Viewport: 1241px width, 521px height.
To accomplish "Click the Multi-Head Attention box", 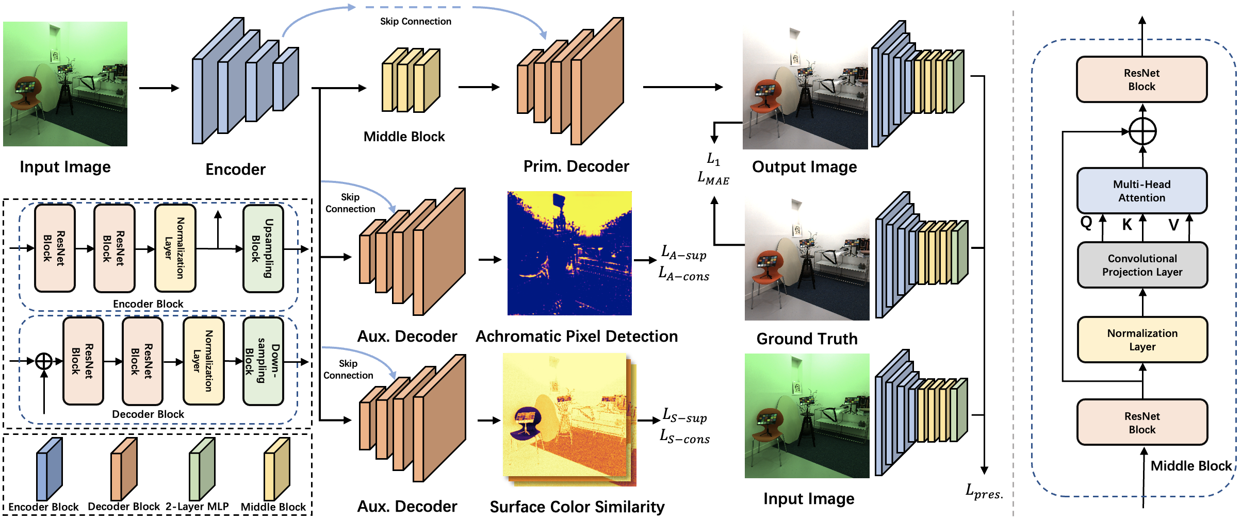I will pos(1141,191).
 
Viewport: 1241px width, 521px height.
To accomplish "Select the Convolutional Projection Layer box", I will pos(1142,265).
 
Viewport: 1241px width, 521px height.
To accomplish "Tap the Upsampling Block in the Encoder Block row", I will pos(263,248).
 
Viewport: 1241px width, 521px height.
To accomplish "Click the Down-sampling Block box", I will pos(263,361).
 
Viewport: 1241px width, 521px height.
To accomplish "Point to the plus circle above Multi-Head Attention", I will pos(1142,131).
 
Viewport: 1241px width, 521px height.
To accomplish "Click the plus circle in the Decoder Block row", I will pos(44,361).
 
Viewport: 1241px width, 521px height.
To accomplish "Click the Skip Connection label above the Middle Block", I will pos(415,21).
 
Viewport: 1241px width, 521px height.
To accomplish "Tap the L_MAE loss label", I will pos(713,178).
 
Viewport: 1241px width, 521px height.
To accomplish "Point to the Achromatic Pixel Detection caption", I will pos(576,336).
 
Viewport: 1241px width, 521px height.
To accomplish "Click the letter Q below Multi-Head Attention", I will pos(1086,223).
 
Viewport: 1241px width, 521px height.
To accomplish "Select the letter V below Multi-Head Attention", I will pos(1173,224).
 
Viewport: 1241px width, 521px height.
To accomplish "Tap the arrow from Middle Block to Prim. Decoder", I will pos(479,87).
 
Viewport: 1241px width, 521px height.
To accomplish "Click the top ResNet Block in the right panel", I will pos(1141,79).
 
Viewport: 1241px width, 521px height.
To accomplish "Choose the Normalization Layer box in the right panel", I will pos(1142,340).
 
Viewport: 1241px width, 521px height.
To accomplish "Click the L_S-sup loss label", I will pos(684,415).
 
